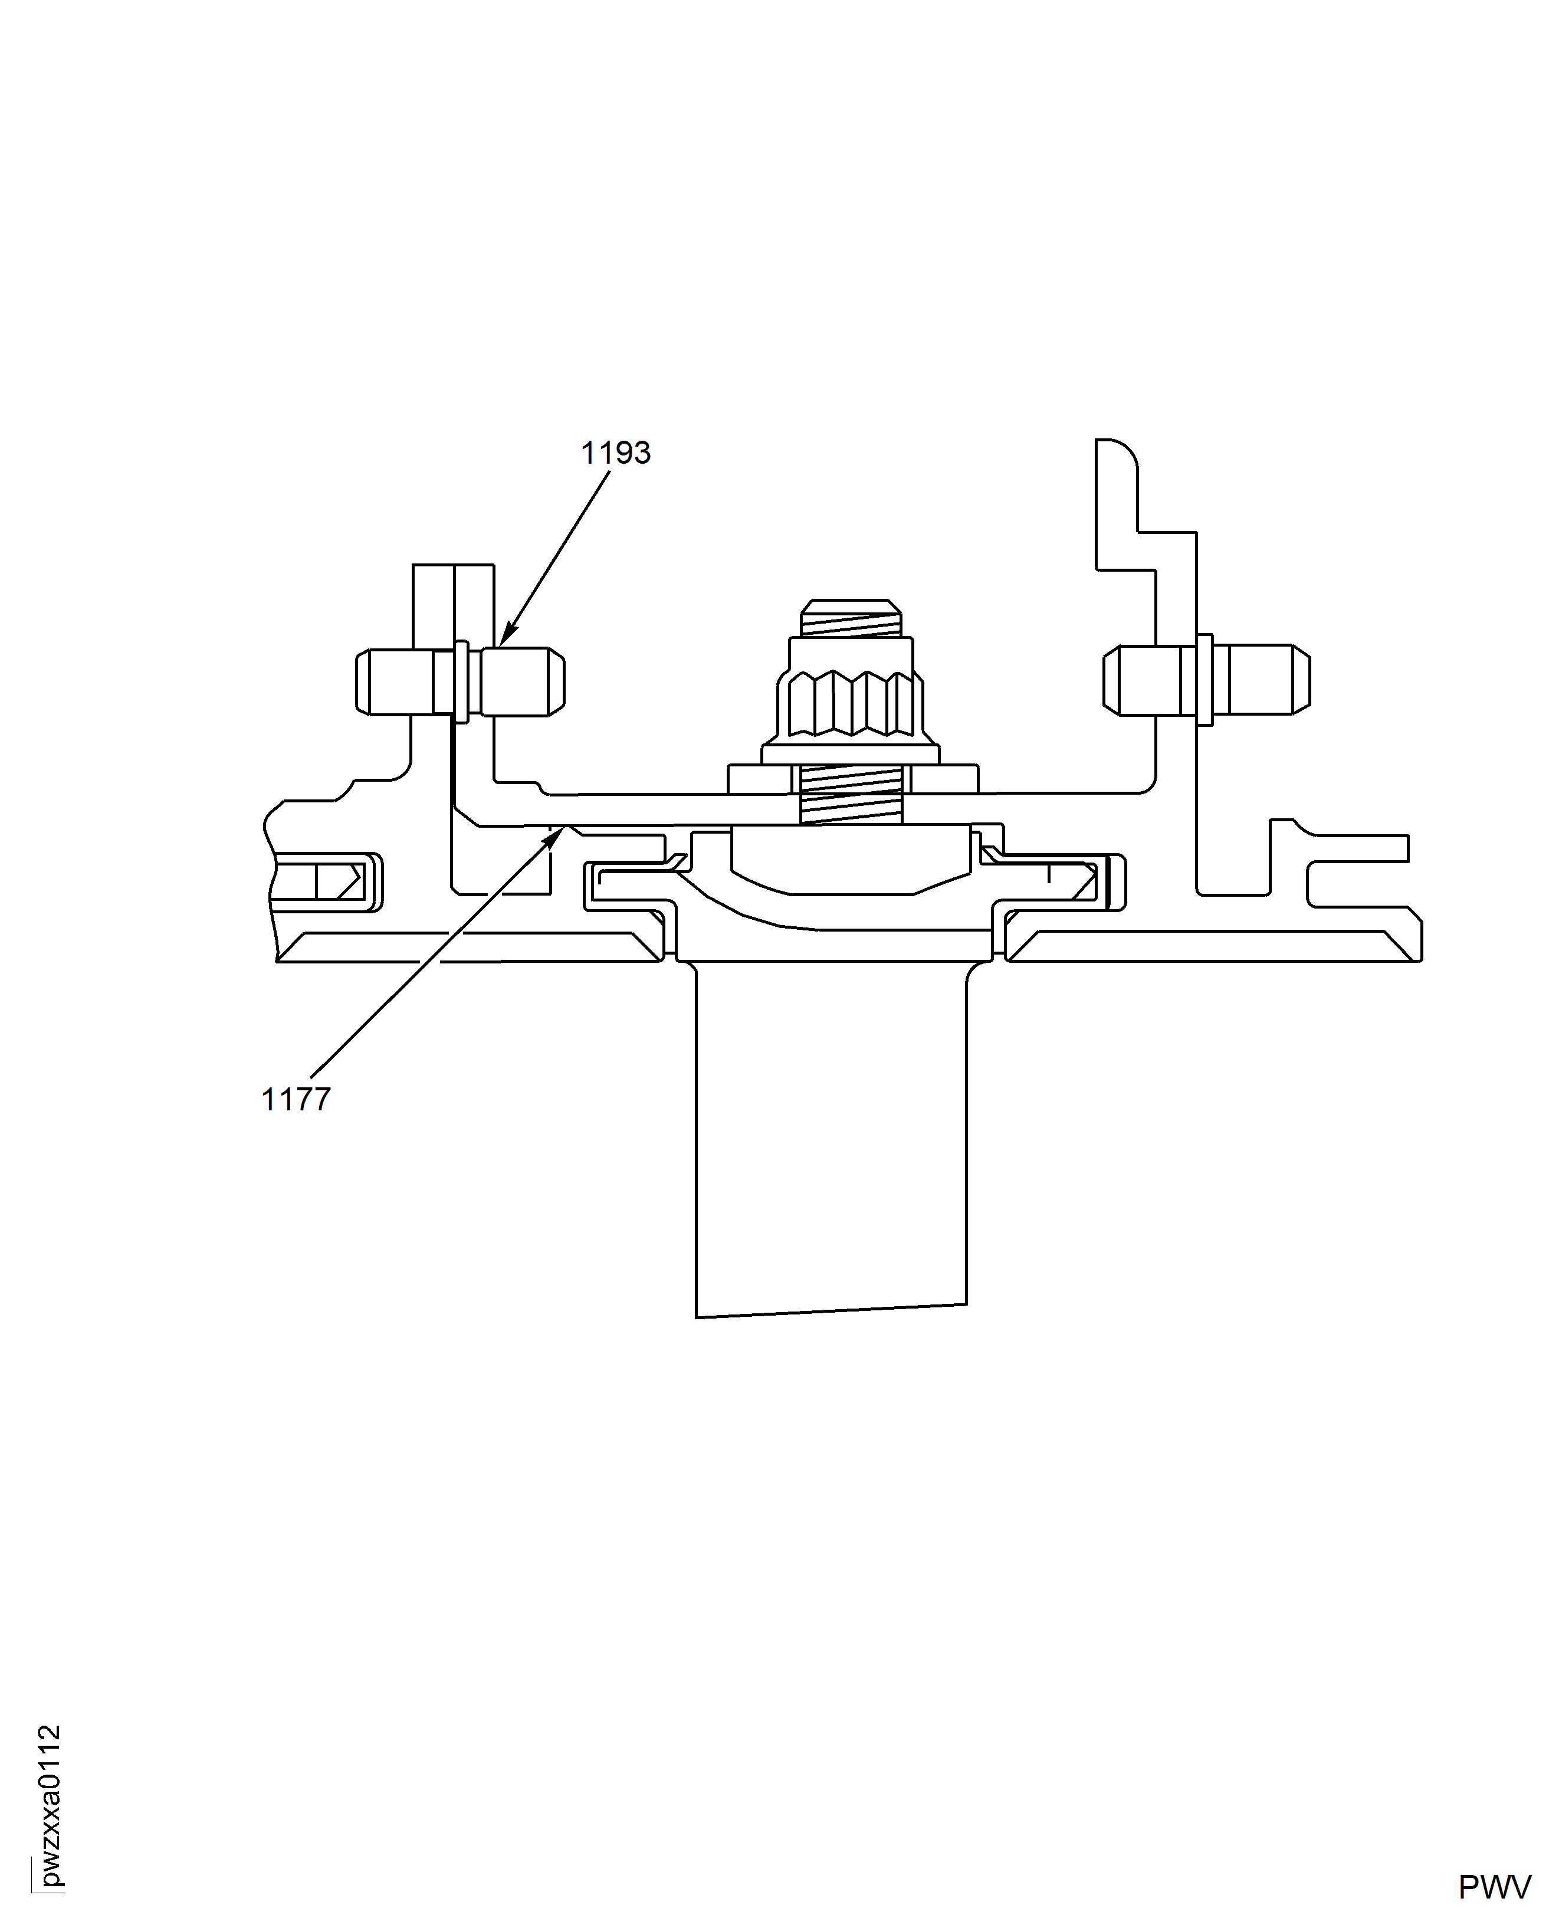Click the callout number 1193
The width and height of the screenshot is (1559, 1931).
pos(615,453)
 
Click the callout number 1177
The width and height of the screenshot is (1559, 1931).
pos(296,1099)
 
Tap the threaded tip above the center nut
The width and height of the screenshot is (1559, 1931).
pos(851,618)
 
